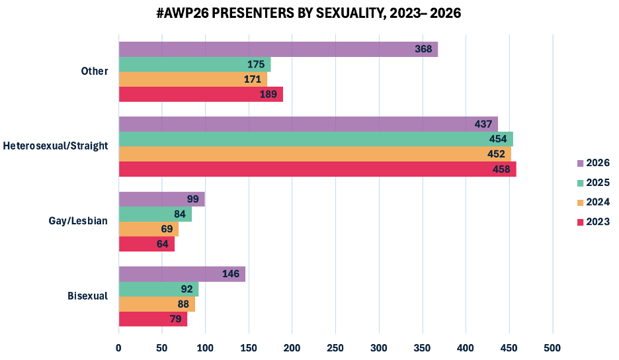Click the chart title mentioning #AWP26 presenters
(309, 13)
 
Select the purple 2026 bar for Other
(278, 50)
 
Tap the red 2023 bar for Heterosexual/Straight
(317, 169)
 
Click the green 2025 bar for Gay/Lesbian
(155, 214)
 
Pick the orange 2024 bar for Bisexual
(157, 304)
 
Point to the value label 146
(231, 274)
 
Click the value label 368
(423, 50)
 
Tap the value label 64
(163, 244)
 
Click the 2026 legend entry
(593, 163)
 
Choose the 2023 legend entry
(593, 222)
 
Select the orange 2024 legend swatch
(581, 202)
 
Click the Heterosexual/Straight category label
(56, 146)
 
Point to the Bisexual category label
(87, 296)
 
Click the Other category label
(94, 71)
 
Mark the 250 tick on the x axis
(335, 347)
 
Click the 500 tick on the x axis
(552, 347)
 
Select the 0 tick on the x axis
(119, 347)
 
